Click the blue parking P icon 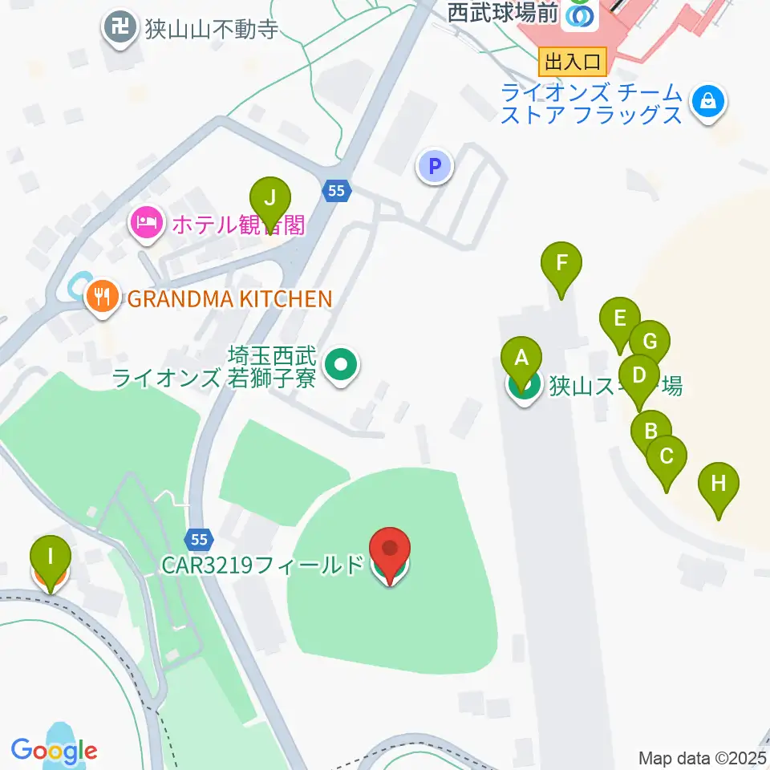(435, 167)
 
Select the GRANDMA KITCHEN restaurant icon (101, 298)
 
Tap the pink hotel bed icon (145, 222)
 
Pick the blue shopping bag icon (708, 102)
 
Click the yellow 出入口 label (573, 61)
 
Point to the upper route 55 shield (337, 191)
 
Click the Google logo (55, 751)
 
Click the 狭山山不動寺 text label (212, 30)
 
